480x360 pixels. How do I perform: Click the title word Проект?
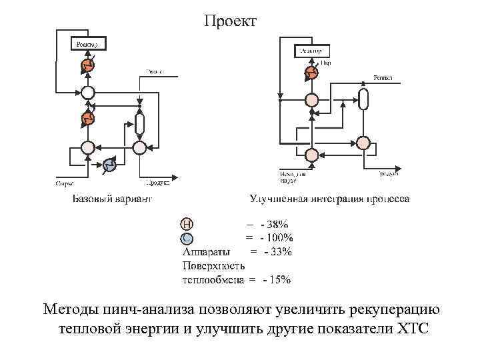[x=230, y=22]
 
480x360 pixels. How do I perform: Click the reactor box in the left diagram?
[x=87, y=44]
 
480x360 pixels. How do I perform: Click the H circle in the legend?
[x=187, y=224]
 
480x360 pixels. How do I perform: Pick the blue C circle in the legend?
[x=187, y=238]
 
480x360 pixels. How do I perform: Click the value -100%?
[x=276, y=238]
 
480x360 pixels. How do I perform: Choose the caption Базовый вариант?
[x=112, y=198]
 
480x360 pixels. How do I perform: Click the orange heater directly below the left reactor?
[x=87, y=65]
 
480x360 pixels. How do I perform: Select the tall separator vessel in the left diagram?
[x=139, y=123]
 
